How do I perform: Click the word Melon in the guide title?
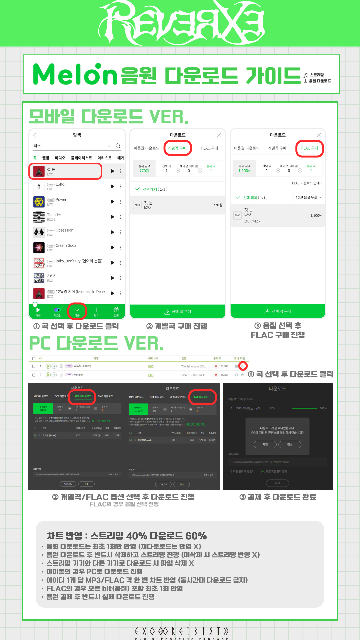pos(75,74)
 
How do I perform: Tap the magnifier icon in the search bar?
pos(118,146)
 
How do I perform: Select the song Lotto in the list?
pos(60,184)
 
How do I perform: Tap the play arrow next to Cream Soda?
pos(113,247)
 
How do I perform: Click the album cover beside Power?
pos(39,202)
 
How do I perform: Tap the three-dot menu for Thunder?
pos(120,217)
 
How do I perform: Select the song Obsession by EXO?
pos(64,230)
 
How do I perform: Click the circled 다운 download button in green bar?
pos(77,311)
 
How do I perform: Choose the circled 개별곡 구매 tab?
pos(177,148)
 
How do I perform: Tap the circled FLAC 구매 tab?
pos(310,148)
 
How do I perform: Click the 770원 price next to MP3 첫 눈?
pos(217,205)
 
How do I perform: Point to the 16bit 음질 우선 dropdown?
pos(308,197)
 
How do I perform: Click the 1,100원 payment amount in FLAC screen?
pos(244,171)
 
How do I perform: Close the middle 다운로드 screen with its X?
pos(219,135)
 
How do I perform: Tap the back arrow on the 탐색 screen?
pos(35,135)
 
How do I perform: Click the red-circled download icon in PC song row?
pos(243,366)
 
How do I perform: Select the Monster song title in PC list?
pos(79,375)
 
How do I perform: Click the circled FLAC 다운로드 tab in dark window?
pos(200,397)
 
